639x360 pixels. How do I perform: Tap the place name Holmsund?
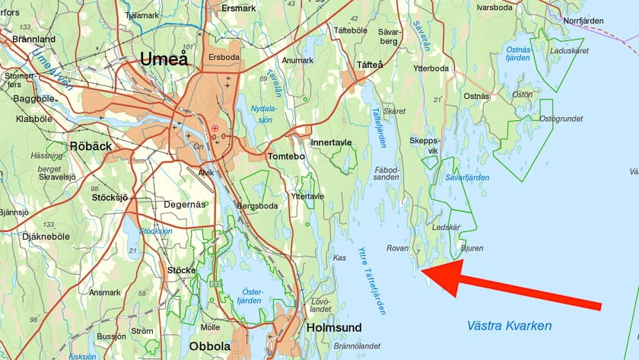(334, 327)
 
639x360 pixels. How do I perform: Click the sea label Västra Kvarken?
(509, 326)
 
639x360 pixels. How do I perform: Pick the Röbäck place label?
(91, 146)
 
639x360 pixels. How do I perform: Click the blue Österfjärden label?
(252, 296)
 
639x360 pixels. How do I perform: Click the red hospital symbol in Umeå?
(215, 128)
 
